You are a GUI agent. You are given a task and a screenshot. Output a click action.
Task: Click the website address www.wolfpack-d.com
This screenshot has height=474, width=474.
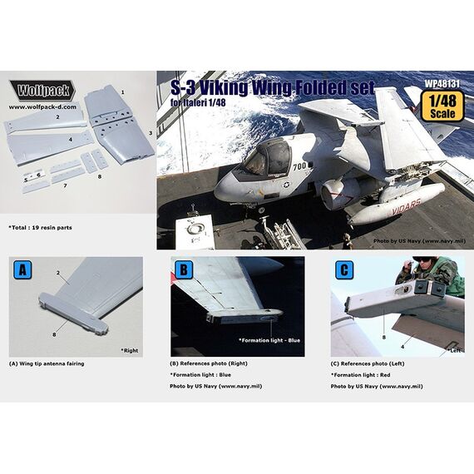(x=44, y=107)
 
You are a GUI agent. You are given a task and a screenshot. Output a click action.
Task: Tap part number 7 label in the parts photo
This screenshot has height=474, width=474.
(x=64, y=186)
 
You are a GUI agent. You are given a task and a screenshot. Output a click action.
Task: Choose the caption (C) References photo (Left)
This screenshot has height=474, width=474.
(x=375, y=363)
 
